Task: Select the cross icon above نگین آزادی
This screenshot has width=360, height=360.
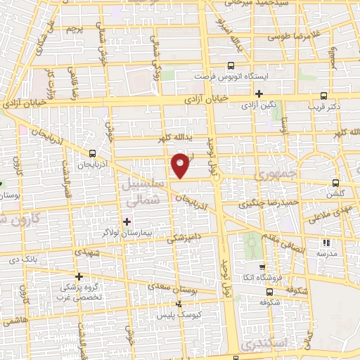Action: [x=259, y=94]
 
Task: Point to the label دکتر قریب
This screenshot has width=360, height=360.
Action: [x=323, y=107]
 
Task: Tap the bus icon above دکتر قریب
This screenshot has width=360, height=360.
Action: [x=323, y=96]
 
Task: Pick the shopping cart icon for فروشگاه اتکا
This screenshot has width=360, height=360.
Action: [x=262, y=267]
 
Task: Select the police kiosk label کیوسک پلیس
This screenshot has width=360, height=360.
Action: [x=179, y=316]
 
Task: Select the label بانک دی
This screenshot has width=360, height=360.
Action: [x=37, y=260]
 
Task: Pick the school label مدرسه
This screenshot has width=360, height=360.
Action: [x=324, y=252]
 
